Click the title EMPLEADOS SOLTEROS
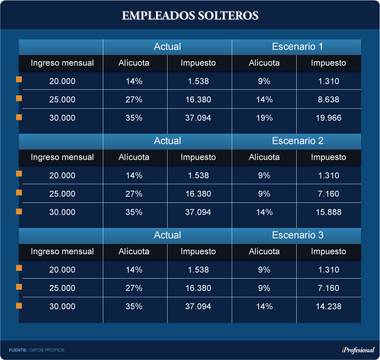190,15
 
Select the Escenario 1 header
297,46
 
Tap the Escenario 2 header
297,141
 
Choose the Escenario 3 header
297,235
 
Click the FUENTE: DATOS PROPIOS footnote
37,350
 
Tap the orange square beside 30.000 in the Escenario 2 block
19,211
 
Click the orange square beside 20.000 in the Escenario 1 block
19,80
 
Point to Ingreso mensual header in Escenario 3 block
62,251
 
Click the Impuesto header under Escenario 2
328,157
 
